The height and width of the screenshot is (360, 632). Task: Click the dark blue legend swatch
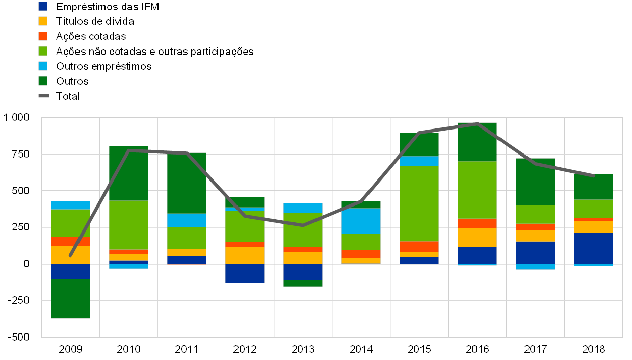43,6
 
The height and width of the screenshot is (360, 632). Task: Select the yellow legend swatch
43,21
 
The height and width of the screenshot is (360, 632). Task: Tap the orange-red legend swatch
43,36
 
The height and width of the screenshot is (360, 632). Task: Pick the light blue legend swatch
43,66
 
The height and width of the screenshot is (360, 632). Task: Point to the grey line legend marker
43,96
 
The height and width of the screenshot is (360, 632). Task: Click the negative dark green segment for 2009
70,298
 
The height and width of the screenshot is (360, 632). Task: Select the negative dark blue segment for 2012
245,273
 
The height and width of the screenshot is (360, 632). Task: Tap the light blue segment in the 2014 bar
361,221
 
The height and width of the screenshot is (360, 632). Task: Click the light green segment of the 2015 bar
419,203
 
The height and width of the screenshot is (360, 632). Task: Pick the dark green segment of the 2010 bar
128,173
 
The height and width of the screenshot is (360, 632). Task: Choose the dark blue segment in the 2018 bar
593,248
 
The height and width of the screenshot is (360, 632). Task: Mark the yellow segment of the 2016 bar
477,238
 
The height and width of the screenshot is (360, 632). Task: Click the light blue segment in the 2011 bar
187,220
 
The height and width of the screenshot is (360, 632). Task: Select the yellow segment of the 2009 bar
70,255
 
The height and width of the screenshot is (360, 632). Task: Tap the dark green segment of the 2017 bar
535,182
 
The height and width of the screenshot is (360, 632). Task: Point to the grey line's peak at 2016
477,124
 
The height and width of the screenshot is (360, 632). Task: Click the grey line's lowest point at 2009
70,255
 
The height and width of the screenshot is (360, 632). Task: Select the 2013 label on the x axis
303,350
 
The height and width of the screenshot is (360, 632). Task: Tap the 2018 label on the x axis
593,350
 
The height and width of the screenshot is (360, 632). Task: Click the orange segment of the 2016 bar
477,223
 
